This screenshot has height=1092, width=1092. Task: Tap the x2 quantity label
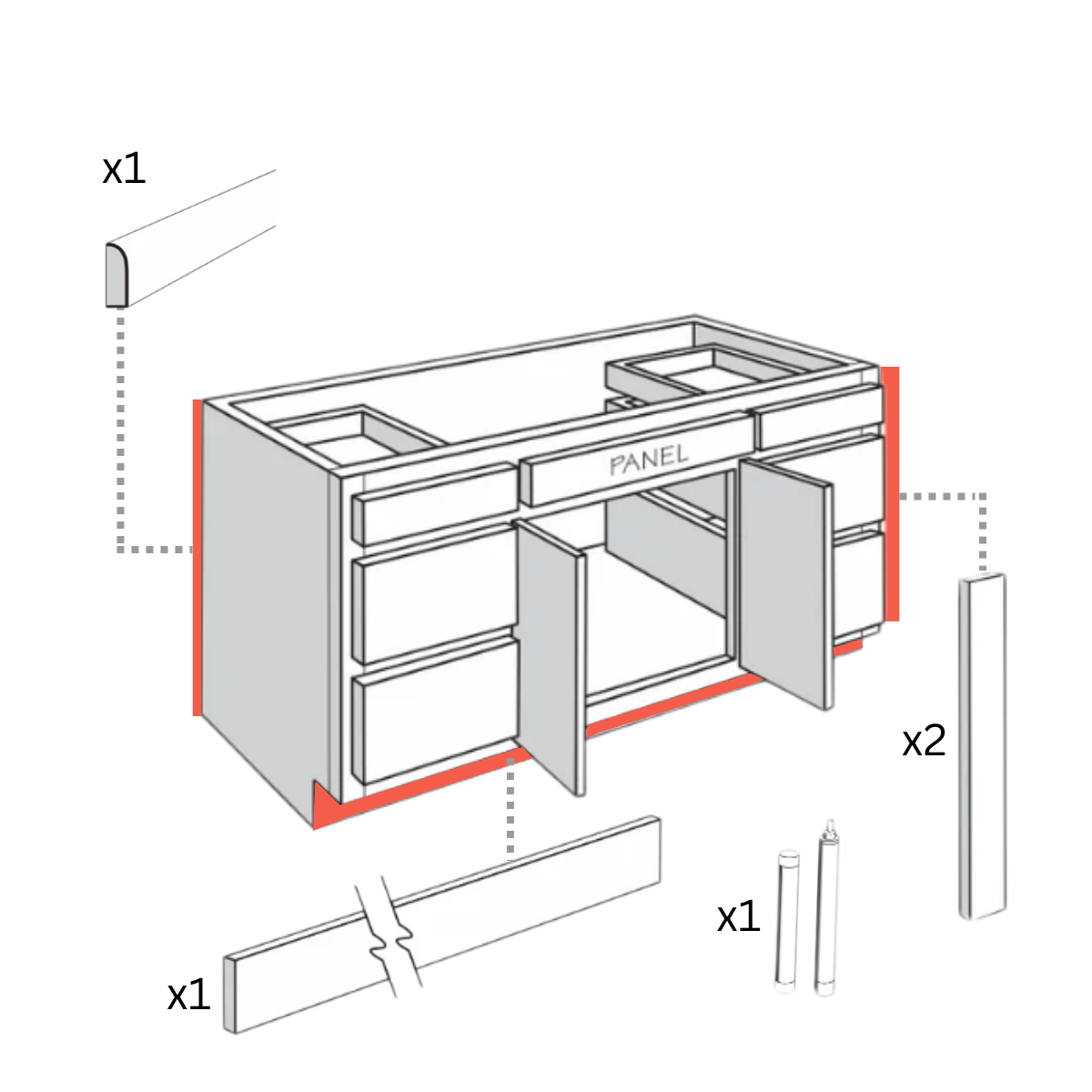pos(924,742)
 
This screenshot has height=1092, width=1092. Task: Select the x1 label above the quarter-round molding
pos(124,169)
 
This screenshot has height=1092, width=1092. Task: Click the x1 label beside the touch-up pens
pos(738,917)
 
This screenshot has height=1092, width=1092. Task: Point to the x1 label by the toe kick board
pos(188,996)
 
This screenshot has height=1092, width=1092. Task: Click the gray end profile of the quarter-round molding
pos(116,276)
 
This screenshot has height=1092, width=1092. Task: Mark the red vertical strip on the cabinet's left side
pos(197,557)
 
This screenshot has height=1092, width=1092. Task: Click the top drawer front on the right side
pos(817,417)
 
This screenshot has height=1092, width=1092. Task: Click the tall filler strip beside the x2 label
pos(983,746)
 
